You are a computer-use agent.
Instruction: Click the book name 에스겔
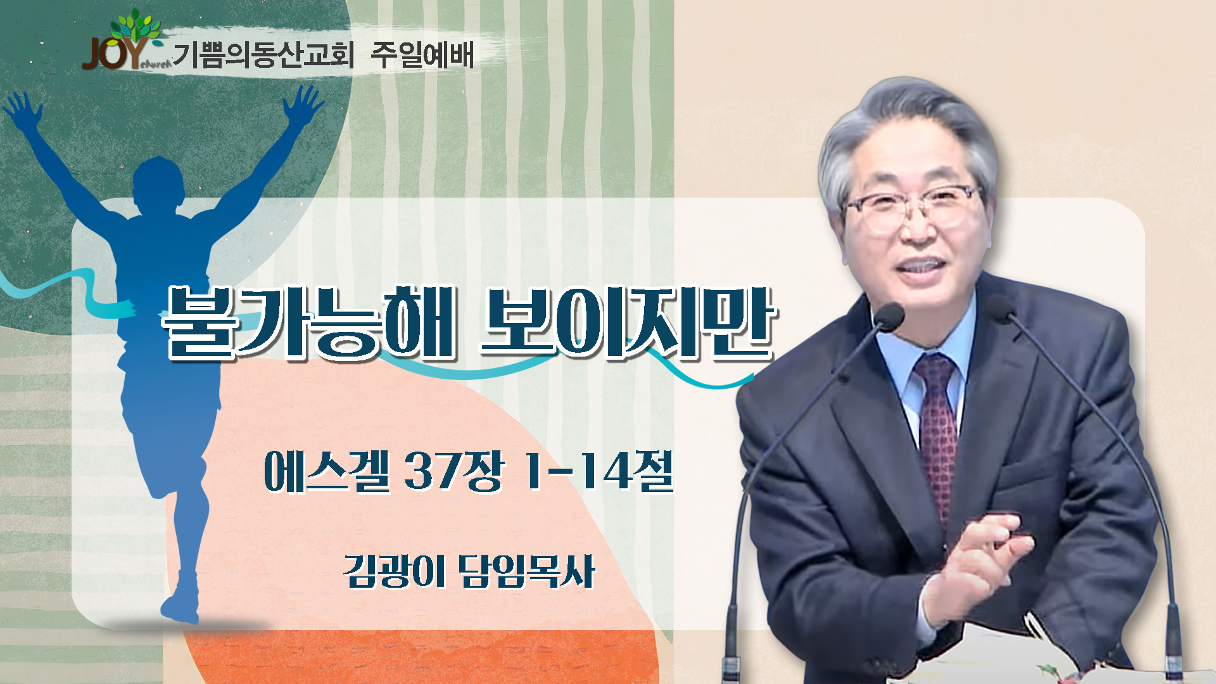[x=327, y=471]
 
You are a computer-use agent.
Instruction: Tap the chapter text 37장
[x=453, y=471]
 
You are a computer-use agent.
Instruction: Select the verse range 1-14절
[x=597, y=471]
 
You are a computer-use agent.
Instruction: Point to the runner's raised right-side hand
[x=304, y=104]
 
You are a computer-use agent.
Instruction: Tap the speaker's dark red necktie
[x=936, y=431]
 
